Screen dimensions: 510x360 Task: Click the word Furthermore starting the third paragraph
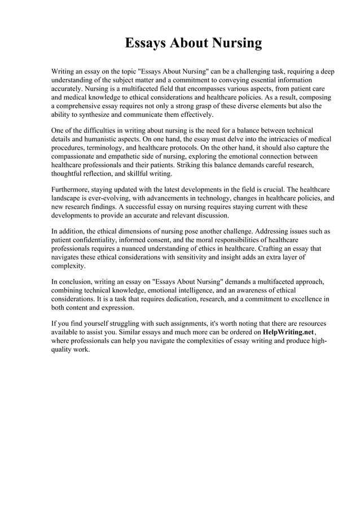72,190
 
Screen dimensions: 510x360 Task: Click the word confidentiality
85,240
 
